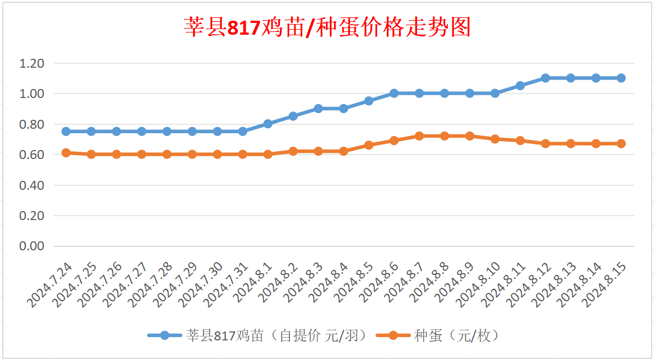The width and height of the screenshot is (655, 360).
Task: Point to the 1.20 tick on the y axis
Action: pyautogui.click(x=32, y=63)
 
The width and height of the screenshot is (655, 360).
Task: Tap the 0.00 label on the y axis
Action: pyautogui.click(x=32, y=246)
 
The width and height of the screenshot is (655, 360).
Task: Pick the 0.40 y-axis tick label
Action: pyautogui.click(x=32, y=185)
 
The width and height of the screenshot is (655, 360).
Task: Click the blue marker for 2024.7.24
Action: pyautogui.click(x=66, y=132)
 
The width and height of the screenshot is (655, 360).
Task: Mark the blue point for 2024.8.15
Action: pyautogui.click(x=621, y=78)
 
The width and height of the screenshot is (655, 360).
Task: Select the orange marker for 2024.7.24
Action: pyautogui.click(x=66, y=153)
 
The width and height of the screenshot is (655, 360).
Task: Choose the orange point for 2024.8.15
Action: pyautogui.click(x=621, y=144)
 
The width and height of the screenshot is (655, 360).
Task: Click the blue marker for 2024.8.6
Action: pyautogui.click(x=394, y=93)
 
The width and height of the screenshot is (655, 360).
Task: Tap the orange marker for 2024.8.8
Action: pyautogui.click(x=445, y=136)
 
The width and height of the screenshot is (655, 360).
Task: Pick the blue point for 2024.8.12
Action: pyautogui.click(x=545, y=78)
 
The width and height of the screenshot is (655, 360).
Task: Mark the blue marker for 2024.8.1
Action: pyautogui.click(x=268, y=124)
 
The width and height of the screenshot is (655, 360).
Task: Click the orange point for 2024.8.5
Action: pyautogui.click(x=369, y=145)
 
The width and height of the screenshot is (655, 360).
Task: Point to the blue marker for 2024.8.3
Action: pyautogui.click(x=318, y=109)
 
